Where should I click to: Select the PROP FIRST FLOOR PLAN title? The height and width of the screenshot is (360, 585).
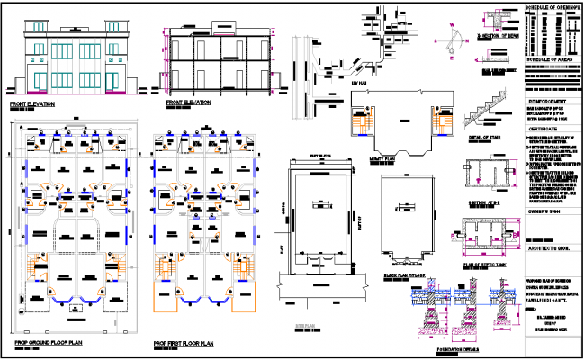click(x=184, y=343)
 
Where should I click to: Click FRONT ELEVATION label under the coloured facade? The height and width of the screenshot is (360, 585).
click(x=32, y=104)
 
